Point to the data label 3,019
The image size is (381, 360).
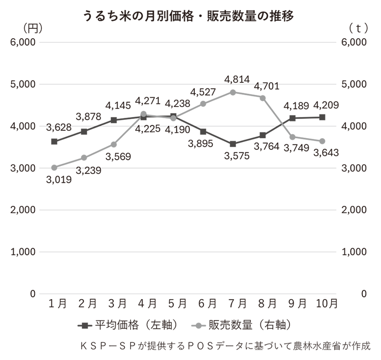click(x=59, y=180)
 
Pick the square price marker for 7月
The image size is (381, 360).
click(x=233, y=144)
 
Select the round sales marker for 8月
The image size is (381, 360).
click(x=263, y=98)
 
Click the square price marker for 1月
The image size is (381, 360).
click(x=54, y=141)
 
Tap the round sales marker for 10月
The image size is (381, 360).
click(x=322, y=141)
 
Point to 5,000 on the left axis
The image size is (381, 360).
click(x=21, y=84)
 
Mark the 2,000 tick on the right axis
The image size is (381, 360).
click(x=354, y=210)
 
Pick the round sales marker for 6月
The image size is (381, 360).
click(x=203, y=104)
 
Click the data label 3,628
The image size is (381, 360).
click(x=59, y=128)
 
